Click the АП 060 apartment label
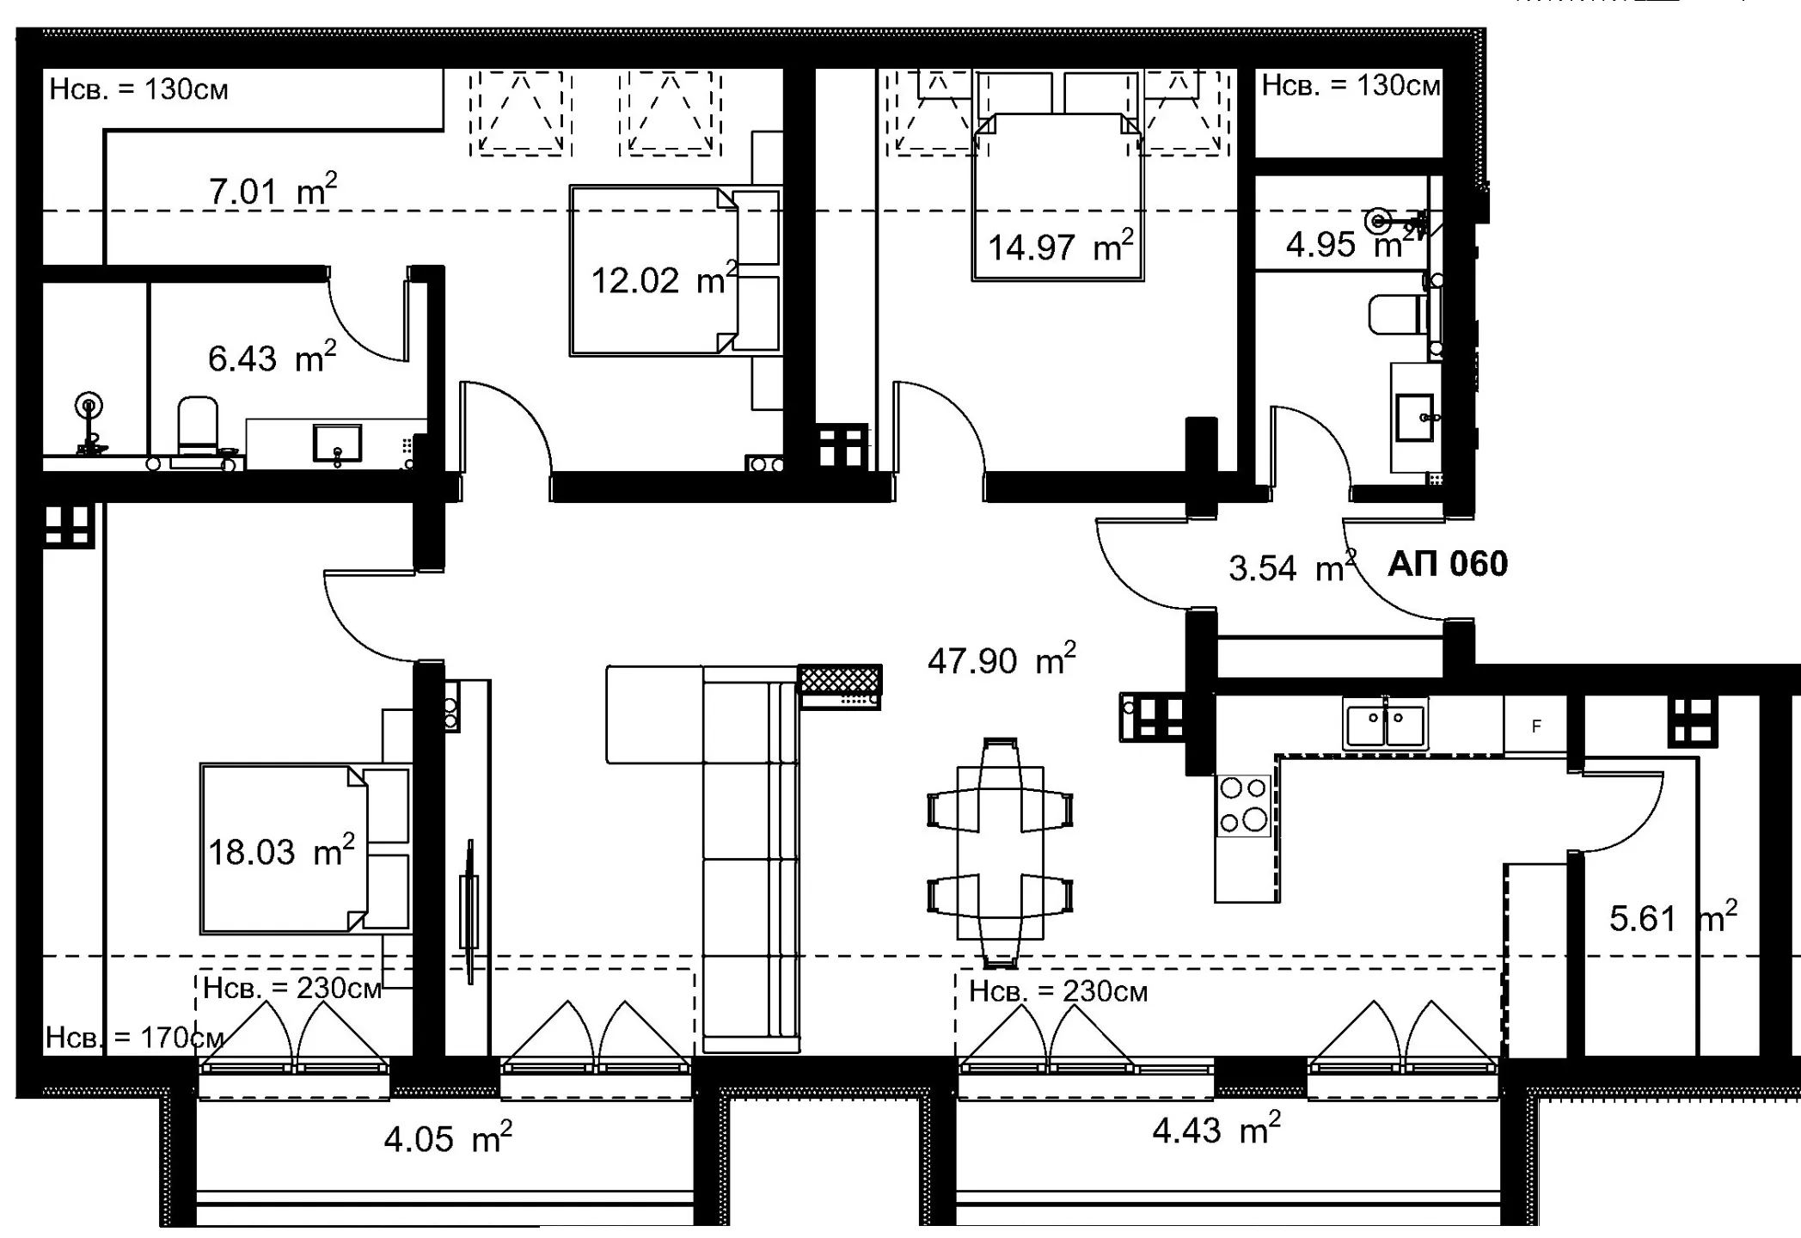pyautogui.click(x=1448, y=564)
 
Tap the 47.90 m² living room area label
pyautogui.click(x=1002, y=659)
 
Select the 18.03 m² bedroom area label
pyautogui.click(x=281, y=851)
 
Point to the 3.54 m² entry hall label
pyautogui.click(x=1292, y=567)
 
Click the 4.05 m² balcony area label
pyautogui.click(x=448, y=1137)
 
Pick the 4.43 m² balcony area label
pyautogui.click(x=1216, y=1129)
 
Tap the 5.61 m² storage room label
pyautogui.click(x=1673, y=917)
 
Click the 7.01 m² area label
pyautogui.click(x=273, y=190)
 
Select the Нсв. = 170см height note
pyautogui.click(x=134, y=1038)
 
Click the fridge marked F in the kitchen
pyautogui.click(x=1535, y=726)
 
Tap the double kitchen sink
pyautogui.click(x=1385, y=725)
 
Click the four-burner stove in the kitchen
pyautogui.click(x=1244, y=805)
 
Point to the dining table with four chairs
pyautogui.click(x=1000, y=852)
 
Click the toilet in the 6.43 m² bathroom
pyautogui.click(x=198, y=426)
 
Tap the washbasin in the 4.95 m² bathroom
pyautogui.click(x=1414, y=418)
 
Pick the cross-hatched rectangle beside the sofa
pyautogui.click(x=840, y=679)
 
